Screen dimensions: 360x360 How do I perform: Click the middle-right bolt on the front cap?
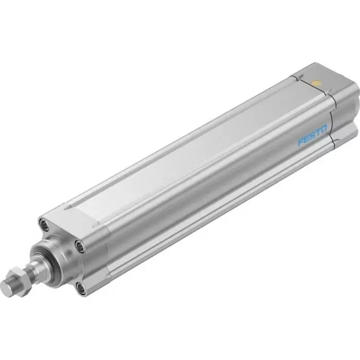pyautogui.click(x=81, y=246)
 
